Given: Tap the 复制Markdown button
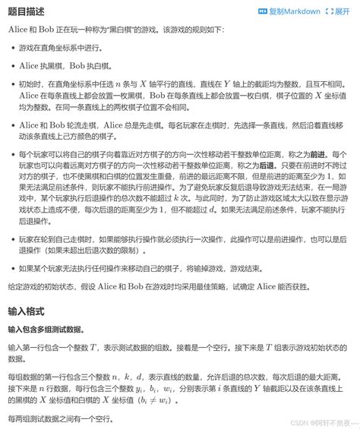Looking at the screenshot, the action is pos(295,12).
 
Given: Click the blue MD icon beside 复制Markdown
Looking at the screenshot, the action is pos(263,12).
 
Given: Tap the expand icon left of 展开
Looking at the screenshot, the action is pos(329,12).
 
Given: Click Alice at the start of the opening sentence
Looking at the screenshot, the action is pos(18,33).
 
